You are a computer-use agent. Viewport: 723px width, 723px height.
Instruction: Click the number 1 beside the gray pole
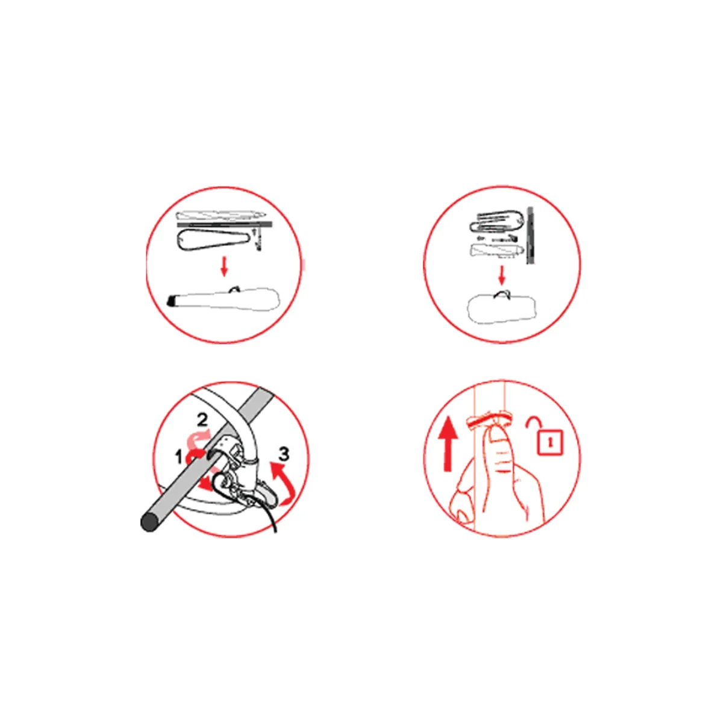click(x=179, y=457)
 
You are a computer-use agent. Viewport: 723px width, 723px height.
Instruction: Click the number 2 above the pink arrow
click(x=202, y=419)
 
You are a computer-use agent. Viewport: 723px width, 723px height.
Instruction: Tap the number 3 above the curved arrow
click(x=284, y=454)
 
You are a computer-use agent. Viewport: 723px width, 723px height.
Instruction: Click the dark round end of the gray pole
click(x=149, y=522)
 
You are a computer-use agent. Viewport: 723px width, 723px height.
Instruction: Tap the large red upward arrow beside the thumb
click(x=448, y=445)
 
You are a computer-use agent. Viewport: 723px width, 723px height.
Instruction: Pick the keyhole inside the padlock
click(x=550, y=442)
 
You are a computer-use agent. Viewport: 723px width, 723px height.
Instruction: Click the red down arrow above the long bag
click(x=224, y=266)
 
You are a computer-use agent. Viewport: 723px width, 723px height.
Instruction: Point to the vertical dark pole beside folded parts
click(x=530, y=235)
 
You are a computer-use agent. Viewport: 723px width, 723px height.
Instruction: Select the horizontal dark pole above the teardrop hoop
click(x=224, y=225)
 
